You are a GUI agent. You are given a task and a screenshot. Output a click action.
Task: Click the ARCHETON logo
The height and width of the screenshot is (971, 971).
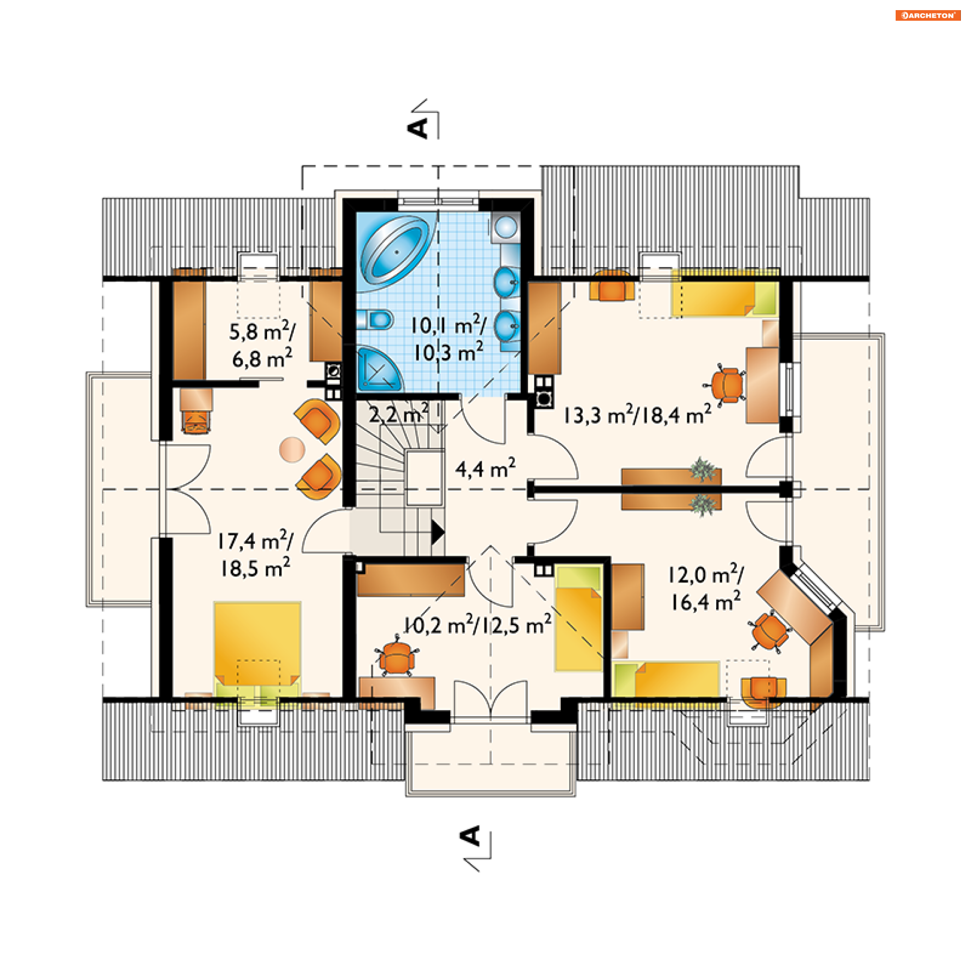(928, 15)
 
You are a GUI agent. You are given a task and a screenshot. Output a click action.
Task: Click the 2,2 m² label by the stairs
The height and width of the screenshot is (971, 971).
(399, 414)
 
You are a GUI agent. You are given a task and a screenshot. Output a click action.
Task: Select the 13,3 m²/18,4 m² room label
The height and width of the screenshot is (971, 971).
(637, 415)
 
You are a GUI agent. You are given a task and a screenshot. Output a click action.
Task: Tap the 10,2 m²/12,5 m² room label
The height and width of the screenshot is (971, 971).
(477, 625)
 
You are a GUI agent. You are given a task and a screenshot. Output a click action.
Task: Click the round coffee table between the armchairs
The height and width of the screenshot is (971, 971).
(292, 450)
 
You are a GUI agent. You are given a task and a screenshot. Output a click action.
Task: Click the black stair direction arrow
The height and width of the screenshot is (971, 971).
(437, 532)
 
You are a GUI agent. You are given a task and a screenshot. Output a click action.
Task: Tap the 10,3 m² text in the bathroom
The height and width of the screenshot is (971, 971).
(449, 352)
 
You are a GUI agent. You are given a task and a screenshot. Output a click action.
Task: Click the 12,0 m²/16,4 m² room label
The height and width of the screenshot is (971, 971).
(706, 588)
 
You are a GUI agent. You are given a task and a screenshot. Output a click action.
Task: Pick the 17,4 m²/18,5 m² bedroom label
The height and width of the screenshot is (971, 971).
(255, 554)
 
